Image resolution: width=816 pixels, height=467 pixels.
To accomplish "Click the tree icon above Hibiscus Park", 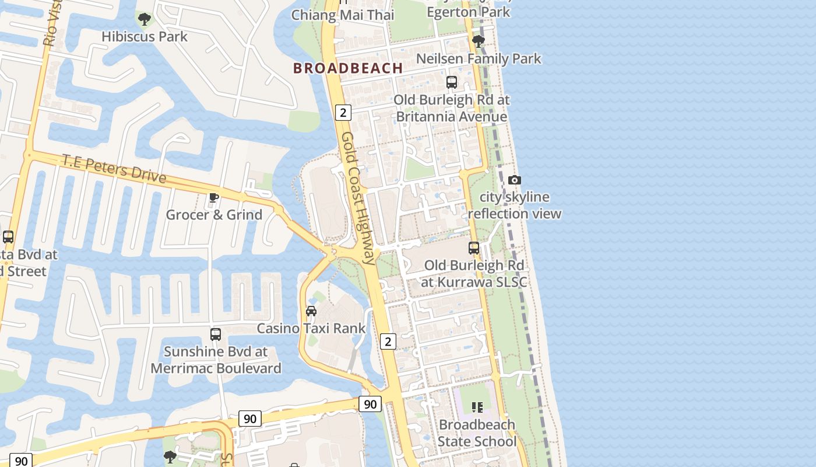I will coord(144,19).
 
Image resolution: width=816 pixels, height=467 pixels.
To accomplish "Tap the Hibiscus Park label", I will coord(145,37).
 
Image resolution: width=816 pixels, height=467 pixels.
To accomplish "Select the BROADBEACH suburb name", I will coord(348,68).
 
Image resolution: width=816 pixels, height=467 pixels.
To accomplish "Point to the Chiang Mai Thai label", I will coord(343,15).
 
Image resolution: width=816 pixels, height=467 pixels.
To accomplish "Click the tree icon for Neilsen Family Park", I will coord(479,41).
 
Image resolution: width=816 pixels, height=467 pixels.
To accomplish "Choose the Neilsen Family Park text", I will coord(479,59).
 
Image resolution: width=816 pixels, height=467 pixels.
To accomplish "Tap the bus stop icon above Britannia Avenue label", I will coord(452,82).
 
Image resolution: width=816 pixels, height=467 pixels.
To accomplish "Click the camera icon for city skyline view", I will coord(515,180).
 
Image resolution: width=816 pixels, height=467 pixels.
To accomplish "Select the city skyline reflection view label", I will coord(515,205).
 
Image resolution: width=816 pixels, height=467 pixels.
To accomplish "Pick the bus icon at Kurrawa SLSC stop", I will coord(474,248).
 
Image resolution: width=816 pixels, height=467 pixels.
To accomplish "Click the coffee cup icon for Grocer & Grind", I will coord(214,197).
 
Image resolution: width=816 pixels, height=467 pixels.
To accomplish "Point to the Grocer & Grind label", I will coord(214,215).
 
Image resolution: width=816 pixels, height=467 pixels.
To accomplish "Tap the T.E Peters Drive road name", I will coord(114,169).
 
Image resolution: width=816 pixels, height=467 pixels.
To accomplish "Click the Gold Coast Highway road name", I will coord(358,198).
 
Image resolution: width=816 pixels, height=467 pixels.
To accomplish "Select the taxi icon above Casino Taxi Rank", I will coord(311,311).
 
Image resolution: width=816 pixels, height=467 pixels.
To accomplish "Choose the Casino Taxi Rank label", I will coord(311,329).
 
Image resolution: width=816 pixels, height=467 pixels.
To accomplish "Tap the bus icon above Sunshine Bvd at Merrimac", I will coord(216,334).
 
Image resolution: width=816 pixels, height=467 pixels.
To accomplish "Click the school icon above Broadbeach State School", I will coord(477,407).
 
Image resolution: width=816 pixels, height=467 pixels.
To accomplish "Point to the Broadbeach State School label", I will coord(477,433).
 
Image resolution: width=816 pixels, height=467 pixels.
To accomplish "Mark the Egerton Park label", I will coord(469,12).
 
